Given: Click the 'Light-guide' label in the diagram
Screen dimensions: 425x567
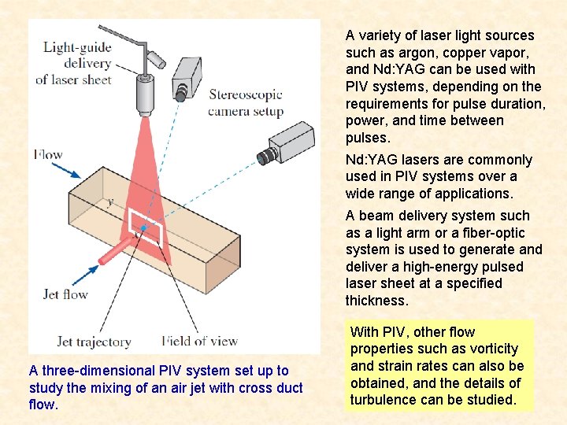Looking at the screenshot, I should [77, 47].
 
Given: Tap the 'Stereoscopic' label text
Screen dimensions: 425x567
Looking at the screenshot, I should [245, 96].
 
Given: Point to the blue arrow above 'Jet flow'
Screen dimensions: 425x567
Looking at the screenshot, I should [82, 275].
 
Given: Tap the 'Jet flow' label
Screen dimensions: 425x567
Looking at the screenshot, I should [65, 294].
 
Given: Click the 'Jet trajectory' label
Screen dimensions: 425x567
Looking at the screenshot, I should [94, 342].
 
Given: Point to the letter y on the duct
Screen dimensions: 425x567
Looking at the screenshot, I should [109, 202].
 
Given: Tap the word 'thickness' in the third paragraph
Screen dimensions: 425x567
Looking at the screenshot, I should [376, 301].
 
